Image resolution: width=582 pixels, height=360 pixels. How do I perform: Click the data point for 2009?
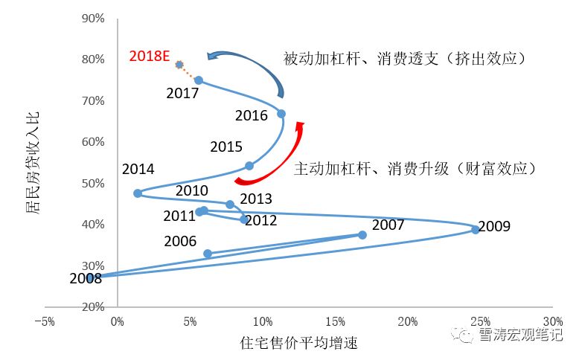coord(475,230)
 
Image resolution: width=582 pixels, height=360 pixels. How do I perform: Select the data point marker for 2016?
coord(281,114)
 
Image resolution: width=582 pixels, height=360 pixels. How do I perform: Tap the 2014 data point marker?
coord(138,193)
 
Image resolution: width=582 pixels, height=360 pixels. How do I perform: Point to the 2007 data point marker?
coord(362,235)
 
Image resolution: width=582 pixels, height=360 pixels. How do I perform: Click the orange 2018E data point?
coord(179,65)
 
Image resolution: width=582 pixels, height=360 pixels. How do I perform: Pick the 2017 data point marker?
coord(199,80)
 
